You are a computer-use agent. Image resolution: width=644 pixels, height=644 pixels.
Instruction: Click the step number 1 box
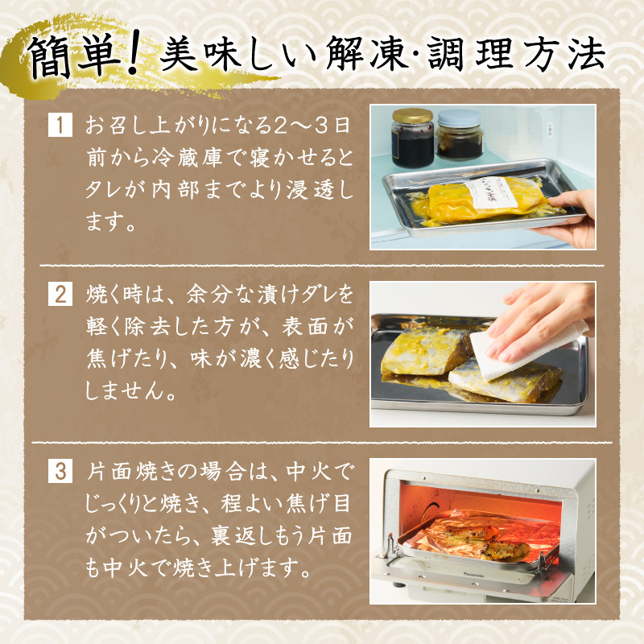(x=60, y=125)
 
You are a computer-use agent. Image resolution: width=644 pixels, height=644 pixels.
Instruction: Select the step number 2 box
(x=60, y=294)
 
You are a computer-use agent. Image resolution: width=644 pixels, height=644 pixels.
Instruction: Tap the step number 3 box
(x=60, y=471)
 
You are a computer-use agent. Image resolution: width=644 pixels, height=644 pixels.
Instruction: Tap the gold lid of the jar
(x=412, y=115)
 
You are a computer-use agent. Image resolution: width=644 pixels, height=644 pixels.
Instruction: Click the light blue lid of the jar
(x=459, y=118)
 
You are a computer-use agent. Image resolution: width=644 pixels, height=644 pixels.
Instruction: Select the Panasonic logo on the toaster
(x=473, y=575)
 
